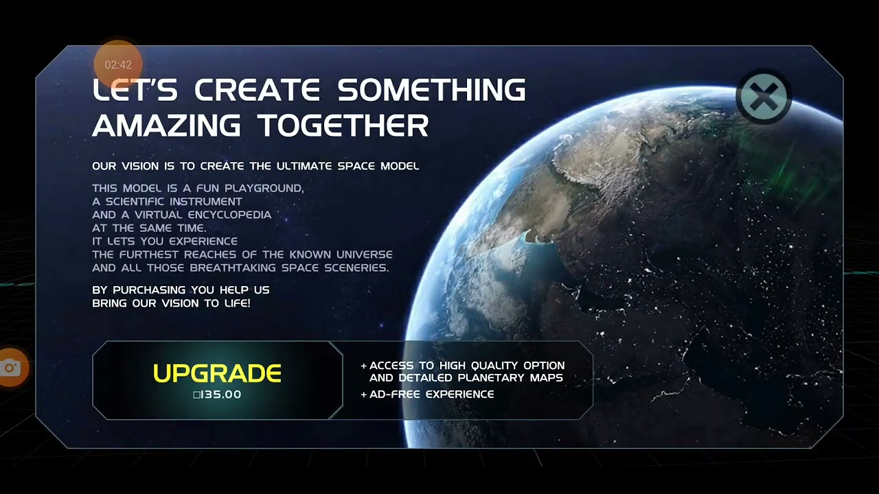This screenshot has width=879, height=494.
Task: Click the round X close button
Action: [763, 97]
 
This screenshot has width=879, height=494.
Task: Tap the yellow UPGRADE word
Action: [217, 373]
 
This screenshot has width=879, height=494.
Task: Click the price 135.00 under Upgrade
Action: [218, 395]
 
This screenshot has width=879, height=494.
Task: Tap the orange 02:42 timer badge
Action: [118, 64]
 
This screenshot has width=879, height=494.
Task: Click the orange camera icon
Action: [10, 368]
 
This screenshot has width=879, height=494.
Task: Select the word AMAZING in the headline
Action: [167, 126]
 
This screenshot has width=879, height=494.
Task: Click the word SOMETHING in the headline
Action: [431, 90]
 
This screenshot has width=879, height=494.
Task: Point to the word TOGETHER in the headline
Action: [343, 126]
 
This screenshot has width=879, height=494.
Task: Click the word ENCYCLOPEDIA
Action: [229, 215]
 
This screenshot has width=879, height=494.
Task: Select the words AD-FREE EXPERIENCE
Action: [431, 395]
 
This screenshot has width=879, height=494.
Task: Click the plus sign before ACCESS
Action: [363, 366]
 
